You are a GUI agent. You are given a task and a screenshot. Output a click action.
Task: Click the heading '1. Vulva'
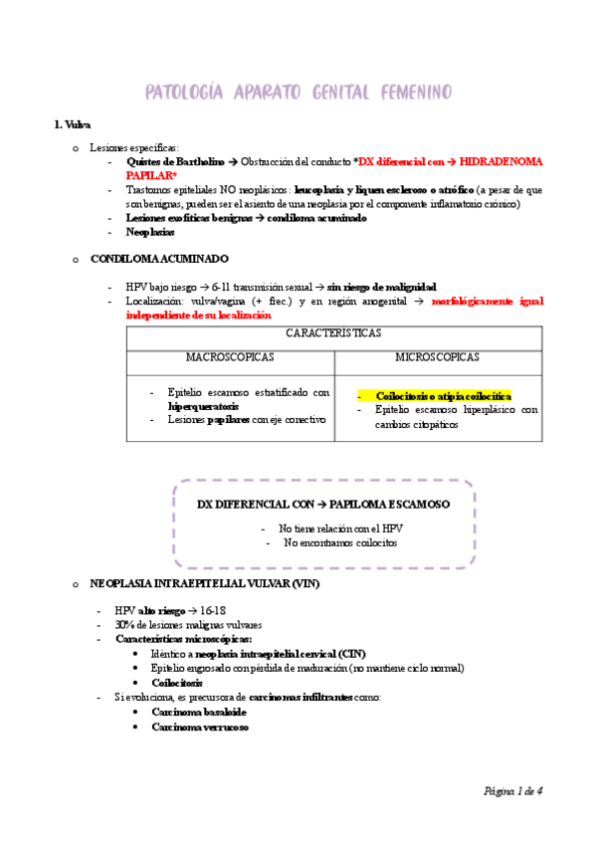click(72, 124)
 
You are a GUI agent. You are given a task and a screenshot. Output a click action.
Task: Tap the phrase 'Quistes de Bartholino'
click(172, 160)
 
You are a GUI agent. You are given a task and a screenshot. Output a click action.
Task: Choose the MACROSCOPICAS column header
click(230, 356)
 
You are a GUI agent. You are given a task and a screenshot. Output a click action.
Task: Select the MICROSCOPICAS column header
click(437, 356)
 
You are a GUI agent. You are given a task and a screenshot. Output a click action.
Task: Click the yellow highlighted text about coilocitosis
click(443, 395)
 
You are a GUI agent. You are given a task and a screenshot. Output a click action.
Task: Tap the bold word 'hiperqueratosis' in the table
click(204, 406)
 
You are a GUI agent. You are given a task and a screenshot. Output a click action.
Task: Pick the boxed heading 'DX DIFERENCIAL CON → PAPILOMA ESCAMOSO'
click(323, 505)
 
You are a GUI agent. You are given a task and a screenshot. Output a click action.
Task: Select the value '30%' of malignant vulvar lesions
click(124, 624)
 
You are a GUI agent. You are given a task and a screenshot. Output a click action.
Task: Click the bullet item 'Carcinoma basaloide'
click(199, 713)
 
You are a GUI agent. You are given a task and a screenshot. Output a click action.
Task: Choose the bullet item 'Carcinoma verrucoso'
click(200, 727)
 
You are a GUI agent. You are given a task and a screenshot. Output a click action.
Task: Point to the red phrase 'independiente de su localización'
click(198, 315)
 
